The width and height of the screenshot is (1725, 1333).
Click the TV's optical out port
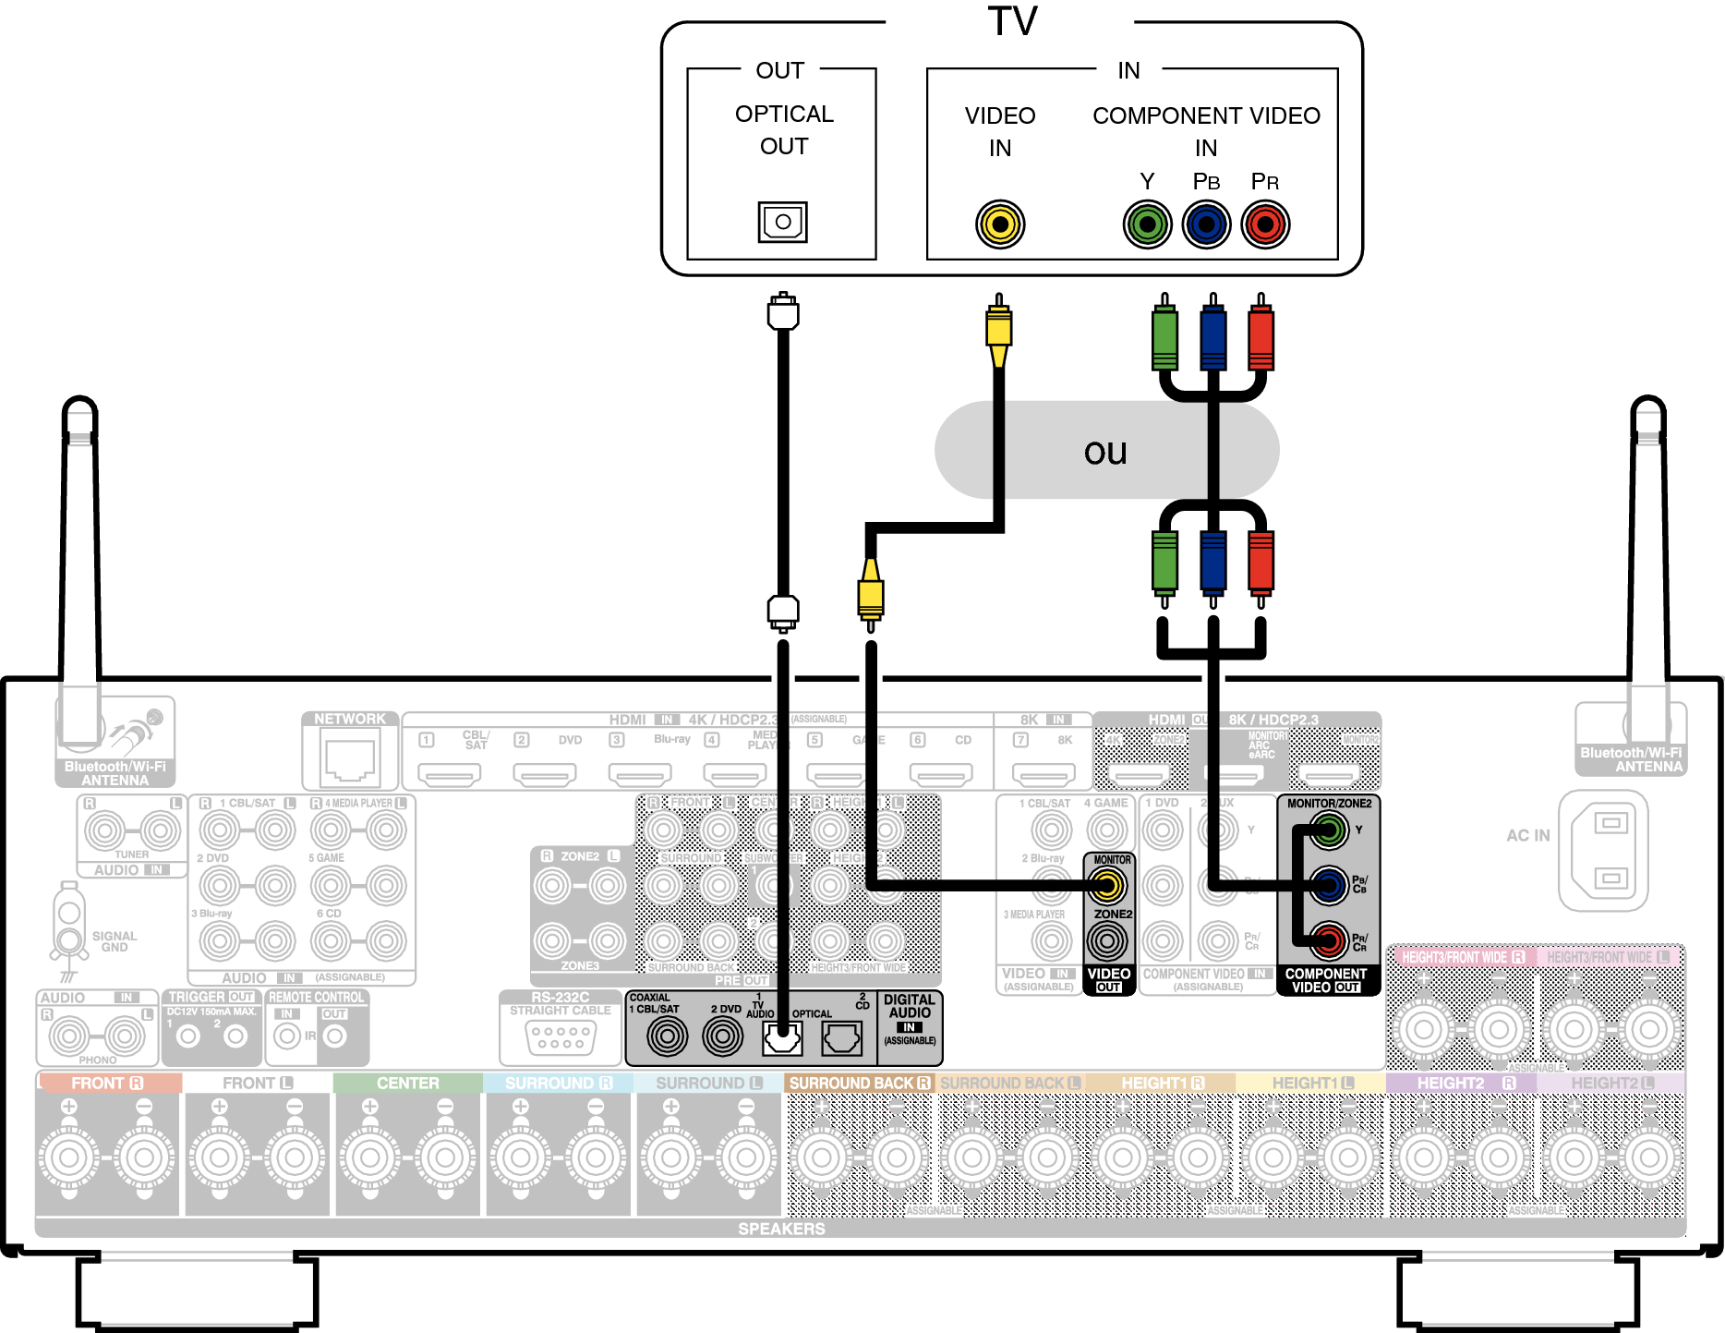pos(782,222)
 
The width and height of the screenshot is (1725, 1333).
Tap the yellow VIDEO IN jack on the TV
pos(1000,224)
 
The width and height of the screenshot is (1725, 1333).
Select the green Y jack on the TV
pos(1147,224)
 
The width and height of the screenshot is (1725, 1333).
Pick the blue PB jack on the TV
pos(1206,224)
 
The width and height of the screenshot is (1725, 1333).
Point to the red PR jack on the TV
pos(1265,224)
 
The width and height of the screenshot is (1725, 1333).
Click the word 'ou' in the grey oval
pos(1105,452)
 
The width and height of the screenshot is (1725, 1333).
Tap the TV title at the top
pos(1012,21)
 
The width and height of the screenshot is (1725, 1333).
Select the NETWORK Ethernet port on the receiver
pos(350,756)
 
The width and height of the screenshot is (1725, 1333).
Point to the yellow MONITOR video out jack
pos(1107,886)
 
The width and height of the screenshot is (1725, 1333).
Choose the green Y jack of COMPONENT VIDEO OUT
pos(1328,830)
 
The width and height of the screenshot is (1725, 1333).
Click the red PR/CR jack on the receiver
pos(1328,941)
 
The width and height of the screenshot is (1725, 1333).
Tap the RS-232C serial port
pos(561,1038)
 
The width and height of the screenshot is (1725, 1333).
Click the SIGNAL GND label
pos(115,941)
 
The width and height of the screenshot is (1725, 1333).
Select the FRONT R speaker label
pos(108,1083)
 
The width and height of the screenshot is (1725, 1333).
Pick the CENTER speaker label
pos(407,1083)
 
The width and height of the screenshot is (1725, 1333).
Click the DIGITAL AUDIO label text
pos(910,1006)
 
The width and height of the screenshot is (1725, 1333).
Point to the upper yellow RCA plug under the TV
pos(998,328)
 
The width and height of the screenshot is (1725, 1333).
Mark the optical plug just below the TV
pos(783,312)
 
